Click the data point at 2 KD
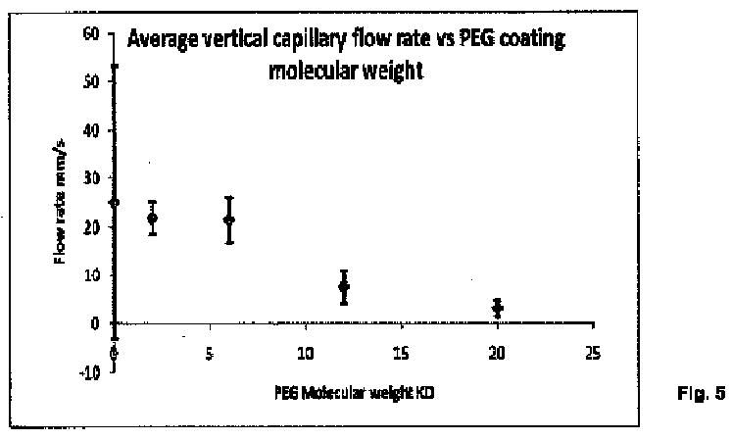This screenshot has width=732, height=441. tap(152, 218)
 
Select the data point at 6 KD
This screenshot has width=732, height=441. tap(229, 220)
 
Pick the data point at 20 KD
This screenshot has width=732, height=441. tap(498, 308)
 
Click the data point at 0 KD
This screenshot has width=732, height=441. tap(115, 202)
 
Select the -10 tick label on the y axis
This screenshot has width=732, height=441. tap(92, 370)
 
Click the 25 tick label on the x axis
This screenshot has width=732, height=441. tap(592, 352)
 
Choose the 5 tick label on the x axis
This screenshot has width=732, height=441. tap(210, 352)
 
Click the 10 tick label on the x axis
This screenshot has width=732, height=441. tap(305, 352)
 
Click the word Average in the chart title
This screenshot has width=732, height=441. tap(168, 40)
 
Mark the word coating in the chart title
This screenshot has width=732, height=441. tap(531, 40)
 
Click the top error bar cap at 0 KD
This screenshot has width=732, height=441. tap(115, 66)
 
